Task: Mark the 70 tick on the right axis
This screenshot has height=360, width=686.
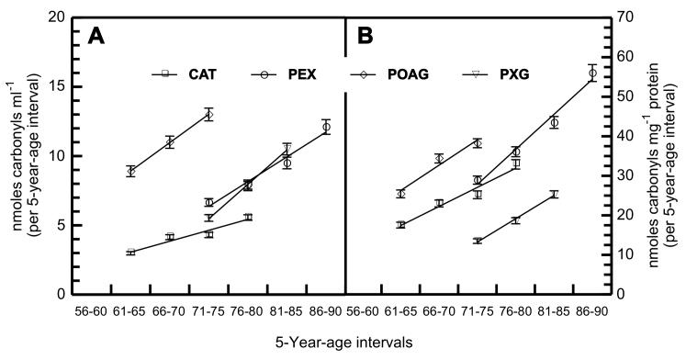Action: pos(624,17)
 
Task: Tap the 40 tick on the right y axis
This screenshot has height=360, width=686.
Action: pos(624,136)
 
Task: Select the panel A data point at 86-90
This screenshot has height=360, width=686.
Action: pos(326,127)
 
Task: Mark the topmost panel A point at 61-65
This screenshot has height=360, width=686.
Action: pos(131,171)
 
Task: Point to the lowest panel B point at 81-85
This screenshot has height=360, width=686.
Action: pos(554,194)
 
